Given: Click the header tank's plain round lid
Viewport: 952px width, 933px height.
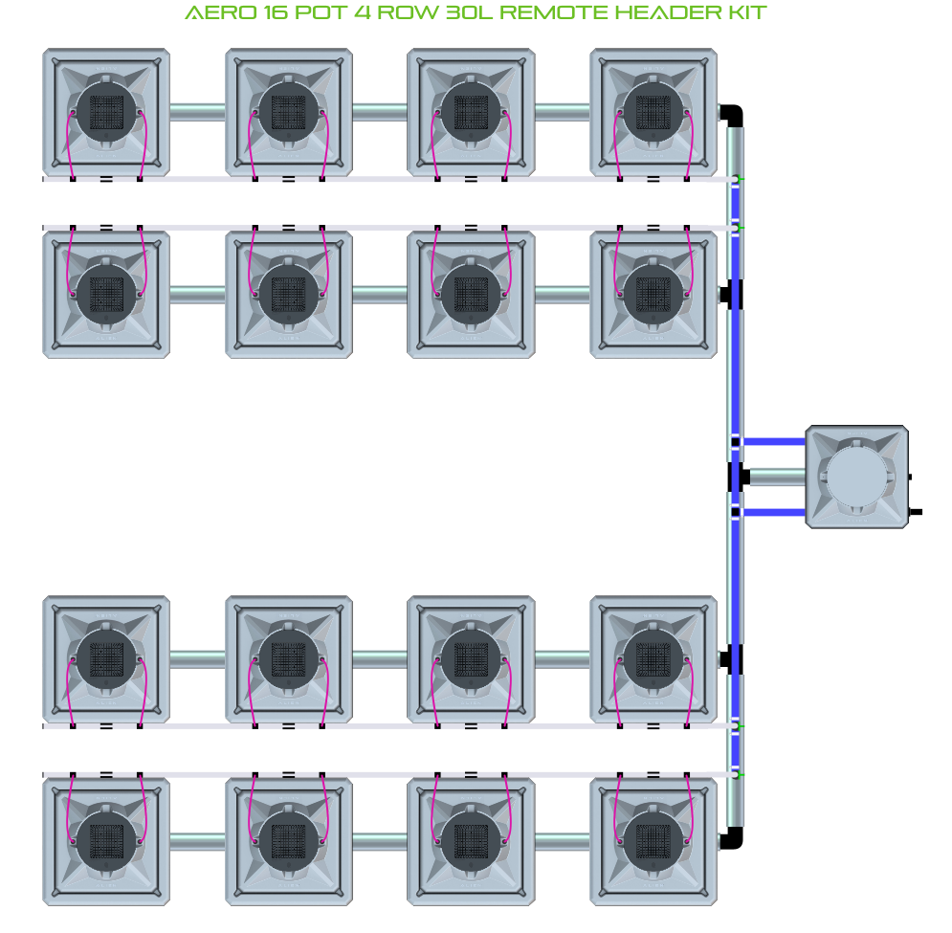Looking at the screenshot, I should coord(856,478).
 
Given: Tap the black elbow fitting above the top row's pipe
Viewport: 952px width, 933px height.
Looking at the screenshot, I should coord(733,115).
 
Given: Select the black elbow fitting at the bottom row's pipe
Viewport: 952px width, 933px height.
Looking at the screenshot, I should coord(733,839).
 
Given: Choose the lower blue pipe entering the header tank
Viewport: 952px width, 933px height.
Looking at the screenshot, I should coord(774,513).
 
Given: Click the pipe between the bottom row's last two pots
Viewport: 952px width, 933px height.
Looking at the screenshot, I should coord(562,842).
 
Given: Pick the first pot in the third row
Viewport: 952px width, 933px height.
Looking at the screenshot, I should coord(106,659).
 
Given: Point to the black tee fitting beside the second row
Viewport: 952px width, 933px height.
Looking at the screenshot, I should coord(734,294).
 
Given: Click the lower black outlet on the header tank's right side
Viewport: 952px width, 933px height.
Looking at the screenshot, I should coord(915,512).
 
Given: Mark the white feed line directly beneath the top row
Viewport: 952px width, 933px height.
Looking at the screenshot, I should coord(383,179).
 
